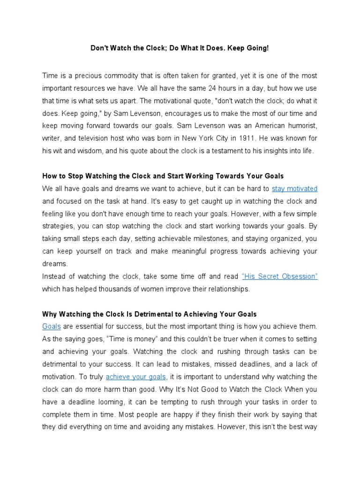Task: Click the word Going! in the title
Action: (x=259, y=48)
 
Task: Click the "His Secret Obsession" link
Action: (x=280, y=276)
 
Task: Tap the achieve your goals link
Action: (x=136, y=376)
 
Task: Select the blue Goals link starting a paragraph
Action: (x=52, y=326)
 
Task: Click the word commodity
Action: (x=114, y=75)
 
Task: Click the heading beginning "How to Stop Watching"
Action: (x=163, y=176)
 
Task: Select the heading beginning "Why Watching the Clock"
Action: (x=149, y=314)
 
